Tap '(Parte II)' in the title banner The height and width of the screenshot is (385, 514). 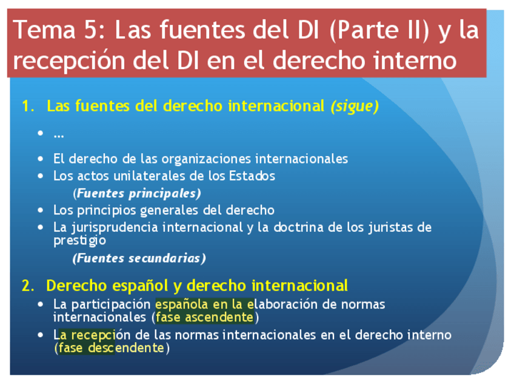tap(379, 31)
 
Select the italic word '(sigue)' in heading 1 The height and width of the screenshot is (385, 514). tap(355, 106)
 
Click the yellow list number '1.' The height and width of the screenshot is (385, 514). tap(28, 106)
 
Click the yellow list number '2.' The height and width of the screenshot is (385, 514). tap(28, 286)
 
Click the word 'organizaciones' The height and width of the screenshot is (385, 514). tap(207, 159)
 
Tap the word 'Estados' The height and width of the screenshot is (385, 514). tap(252, 176)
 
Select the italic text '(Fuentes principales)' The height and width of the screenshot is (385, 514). tap(137, 193)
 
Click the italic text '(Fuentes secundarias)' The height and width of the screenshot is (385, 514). tap(139, 258)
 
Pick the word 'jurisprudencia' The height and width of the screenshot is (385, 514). tap(115, 228)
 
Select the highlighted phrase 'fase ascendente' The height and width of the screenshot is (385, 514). tap(204, 317)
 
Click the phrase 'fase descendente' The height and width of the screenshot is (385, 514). tap(111, 347)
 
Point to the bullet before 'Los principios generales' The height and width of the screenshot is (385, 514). tap(41, 210)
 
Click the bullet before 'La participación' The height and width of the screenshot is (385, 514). tap(41, 304)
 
